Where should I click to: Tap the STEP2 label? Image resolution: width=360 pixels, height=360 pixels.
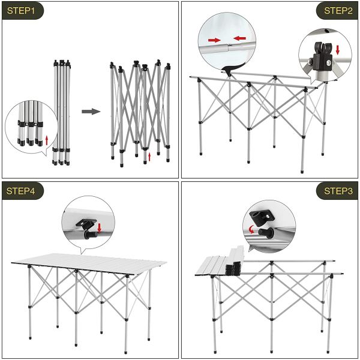point(337,11)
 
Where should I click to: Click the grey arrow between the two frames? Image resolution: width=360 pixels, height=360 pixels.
point(91,112)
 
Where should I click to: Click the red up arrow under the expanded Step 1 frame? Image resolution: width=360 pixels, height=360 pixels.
point(149,157)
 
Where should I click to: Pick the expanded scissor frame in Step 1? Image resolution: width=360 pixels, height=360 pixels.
point(139,111)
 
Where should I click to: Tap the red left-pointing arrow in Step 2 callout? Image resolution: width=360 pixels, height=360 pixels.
point(239,38)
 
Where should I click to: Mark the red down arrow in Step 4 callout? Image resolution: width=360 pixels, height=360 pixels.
point(99,227)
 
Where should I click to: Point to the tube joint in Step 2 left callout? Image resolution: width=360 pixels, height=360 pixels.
point(227,44)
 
